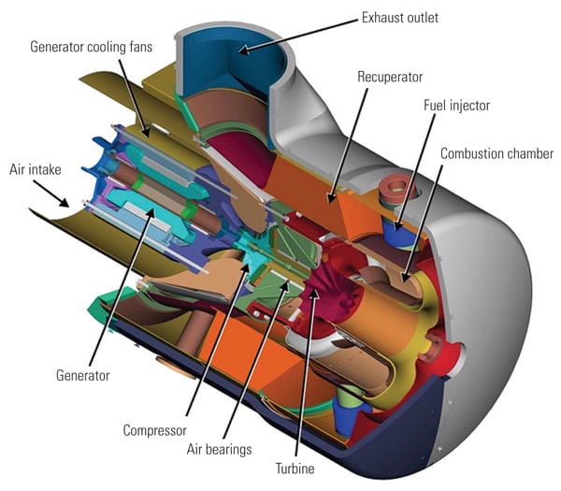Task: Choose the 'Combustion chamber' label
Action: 497,152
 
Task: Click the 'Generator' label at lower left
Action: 83,375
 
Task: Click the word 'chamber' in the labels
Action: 528,152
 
